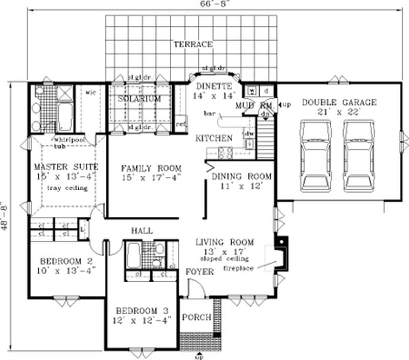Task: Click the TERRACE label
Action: tap(192, 44)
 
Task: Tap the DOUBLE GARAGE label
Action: tap(338, 102)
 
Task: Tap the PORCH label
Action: tap(197, 317)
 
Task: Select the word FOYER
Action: tap(199, 272)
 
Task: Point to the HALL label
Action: tap(142, 231)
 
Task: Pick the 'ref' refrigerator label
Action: tap(180, 123)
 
